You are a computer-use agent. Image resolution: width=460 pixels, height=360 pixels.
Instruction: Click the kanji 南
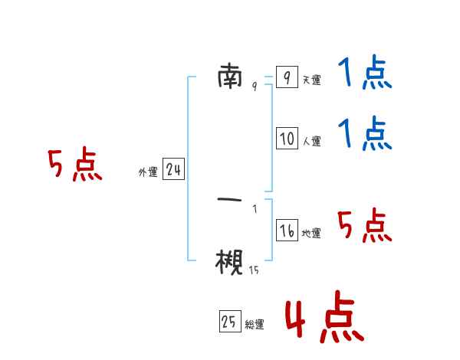230,77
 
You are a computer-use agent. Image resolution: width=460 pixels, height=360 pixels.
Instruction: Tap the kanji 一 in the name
230,200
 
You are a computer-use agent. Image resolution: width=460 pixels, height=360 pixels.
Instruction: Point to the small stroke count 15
254,270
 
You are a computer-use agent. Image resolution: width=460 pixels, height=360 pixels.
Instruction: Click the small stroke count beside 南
254,86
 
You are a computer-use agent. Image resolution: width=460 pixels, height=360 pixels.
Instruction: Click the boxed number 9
286,77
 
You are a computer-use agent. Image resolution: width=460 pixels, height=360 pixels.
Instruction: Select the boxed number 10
287,139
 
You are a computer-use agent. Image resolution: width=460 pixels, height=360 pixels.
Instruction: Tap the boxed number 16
287,231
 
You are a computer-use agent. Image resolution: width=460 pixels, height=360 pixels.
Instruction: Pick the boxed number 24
173,171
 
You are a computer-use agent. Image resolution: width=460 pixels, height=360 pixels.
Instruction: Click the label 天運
311,80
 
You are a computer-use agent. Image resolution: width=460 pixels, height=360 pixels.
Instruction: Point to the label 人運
311,141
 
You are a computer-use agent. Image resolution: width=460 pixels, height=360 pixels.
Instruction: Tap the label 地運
311,233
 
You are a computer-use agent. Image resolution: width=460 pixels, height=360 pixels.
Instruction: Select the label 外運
147,173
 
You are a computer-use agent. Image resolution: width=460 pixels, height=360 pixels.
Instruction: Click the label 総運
255,325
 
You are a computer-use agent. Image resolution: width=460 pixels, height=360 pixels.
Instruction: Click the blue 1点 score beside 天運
364,74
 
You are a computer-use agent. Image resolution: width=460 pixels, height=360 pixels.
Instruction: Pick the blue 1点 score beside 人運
364,134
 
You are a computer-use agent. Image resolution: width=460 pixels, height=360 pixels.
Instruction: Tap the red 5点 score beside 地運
364,225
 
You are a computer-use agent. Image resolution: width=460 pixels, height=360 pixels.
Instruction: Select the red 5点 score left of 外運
74,165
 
